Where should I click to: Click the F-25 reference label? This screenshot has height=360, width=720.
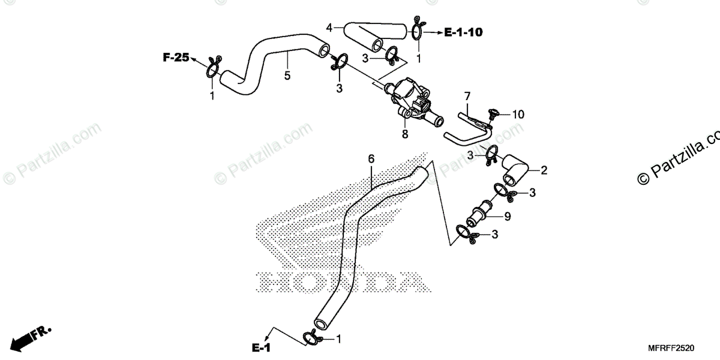[175, 58]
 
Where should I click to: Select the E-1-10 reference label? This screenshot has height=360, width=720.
[463, 32]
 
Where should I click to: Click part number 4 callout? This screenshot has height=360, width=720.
[329, 28]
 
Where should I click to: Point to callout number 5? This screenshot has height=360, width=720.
[287, 76]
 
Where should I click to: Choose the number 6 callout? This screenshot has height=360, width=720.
[371, 159]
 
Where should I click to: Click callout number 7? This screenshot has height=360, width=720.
[467, 96]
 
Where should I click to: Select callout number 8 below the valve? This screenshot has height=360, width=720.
[405, 134]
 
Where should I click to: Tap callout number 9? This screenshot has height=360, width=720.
[507, 217]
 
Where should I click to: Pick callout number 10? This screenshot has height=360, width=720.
[518, 113]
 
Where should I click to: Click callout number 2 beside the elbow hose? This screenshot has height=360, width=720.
[544, 170]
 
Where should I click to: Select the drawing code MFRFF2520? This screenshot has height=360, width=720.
[671, 348]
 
